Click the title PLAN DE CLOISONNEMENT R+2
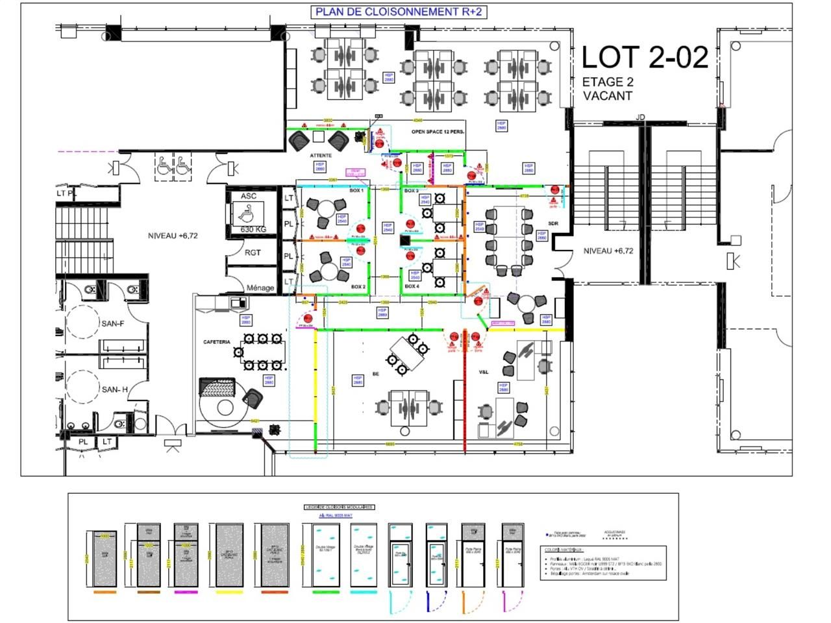[399, 12]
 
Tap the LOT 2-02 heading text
[644, 58]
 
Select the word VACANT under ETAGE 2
[607, 96]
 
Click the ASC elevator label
[248, 196]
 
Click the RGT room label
[252, 252]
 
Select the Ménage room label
[260, 287]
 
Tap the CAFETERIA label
[217, 341]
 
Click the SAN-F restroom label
[112, 323]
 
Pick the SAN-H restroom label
[114, 389]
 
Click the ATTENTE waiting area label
[321, 156]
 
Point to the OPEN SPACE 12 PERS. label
[438, 132]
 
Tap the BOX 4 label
[412, 286]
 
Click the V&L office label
[484, 372]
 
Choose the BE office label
[375, 374]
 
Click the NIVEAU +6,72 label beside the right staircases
[608, 251]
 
